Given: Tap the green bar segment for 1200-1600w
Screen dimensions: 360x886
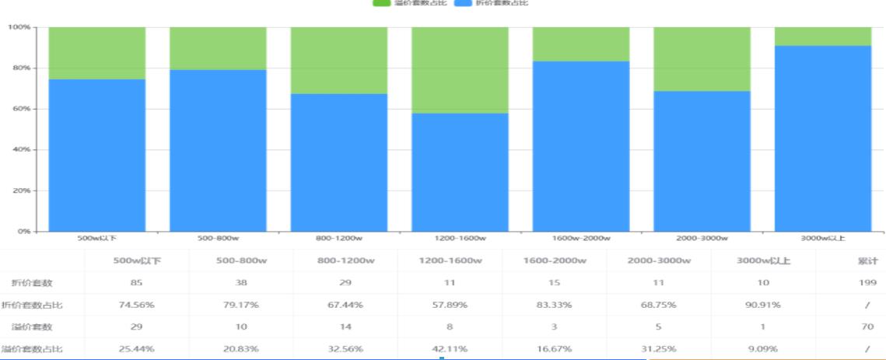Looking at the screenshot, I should (460, 70).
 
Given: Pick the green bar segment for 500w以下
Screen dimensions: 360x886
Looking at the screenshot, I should (97, 53).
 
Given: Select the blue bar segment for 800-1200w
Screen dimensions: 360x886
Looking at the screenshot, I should (339, 163).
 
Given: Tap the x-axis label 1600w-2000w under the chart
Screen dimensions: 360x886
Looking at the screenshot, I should (581, 238).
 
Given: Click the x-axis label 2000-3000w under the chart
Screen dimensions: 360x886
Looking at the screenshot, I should (702, 238).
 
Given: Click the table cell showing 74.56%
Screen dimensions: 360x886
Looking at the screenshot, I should (137, 305).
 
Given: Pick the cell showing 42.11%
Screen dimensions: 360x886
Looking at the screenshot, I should (449, 348).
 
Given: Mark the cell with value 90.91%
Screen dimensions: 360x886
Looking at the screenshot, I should (762, 305).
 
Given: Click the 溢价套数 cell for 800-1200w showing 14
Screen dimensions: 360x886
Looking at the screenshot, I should (345, 327).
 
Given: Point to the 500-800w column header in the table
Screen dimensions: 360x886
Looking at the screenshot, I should (241, 260).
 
